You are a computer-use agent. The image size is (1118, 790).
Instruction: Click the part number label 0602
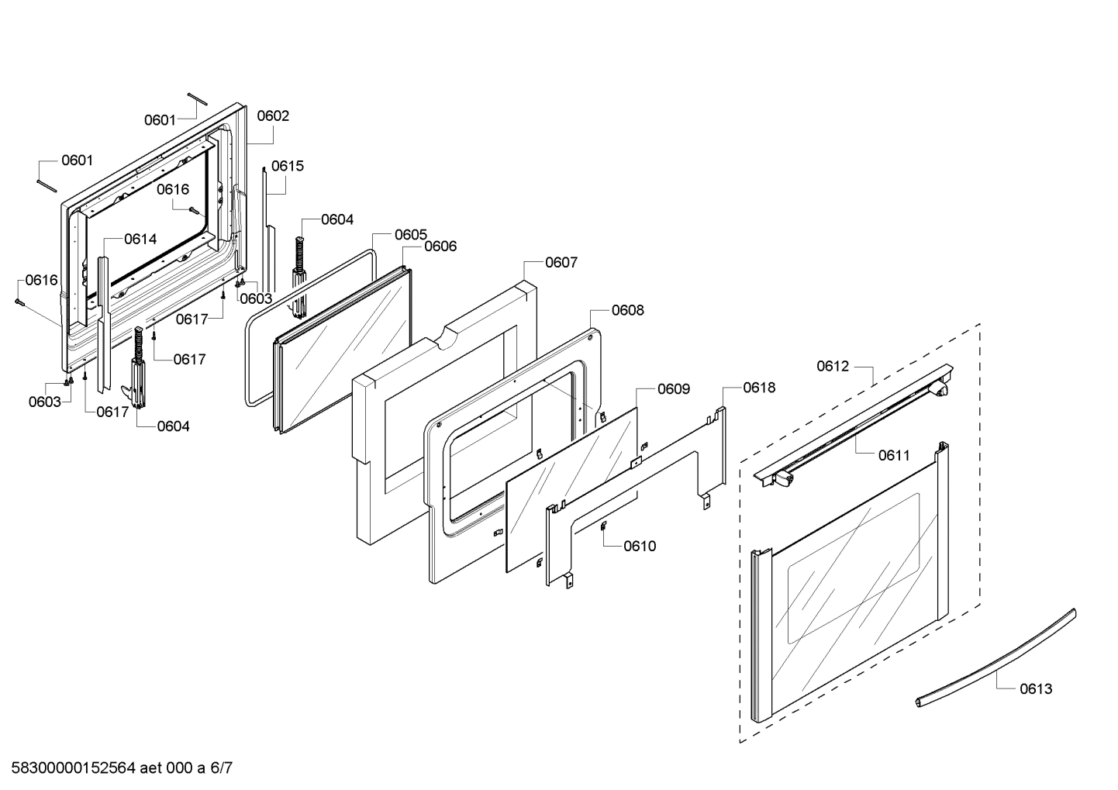[273, 116]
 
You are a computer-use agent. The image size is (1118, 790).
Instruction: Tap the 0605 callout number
[410, 234]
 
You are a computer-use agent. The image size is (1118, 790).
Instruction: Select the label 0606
[440, 247]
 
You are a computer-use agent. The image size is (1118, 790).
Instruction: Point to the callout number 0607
[561, 262]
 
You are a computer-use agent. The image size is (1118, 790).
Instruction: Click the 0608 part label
[627, 310]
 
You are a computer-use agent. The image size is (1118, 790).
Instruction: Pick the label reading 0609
[673, 389]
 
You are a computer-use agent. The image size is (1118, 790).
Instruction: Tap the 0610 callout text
[640, 546]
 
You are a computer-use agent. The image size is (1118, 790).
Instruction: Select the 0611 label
[894, 456]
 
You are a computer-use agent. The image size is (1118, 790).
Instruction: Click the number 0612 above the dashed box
[833, 366]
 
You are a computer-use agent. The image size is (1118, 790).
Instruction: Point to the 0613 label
[1036, 688]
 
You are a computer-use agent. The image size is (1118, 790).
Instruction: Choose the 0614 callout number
[140, 239]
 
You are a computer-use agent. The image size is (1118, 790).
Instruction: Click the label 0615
[288, 166]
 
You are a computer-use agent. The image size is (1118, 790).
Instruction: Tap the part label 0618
[759, 388]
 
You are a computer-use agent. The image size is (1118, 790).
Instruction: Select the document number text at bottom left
[116, 768]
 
